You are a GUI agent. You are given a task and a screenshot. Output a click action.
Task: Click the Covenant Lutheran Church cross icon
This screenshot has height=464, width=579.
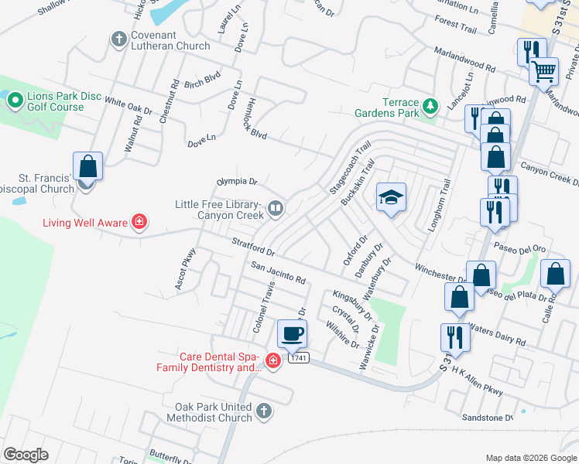(x=118, y=39)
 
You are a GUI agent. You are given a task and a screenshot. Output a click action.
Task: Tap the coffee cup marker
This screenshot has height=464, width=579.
(x=292, y=334)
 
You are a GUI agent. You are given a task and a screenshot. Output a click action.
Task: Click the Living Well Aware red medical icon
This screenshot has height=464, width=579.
(x=139, y=223)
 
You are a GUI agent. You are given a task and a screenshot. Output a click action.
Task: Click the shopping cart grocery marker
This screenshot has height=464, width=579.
(x=544, y=71)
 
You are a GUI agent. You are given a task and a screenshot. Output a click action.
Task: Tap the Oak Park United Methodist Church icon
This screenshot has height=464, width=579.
(x=264, y=411)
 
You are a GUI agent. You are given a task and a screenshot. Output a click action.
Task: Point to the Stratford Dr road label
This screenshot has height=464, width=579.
(x=254, y=247)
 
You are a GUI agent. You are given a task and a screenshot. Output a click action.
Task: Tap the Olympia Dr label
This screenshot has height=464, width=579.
(x=235, y=181)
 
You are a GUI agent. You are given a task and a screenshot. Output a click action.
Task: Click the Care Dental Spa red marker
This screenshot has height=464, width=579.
(x=272, y=361)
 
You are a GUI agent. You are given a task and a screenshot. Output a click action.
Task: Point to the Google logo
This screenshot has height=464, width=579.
(x=26, y=455)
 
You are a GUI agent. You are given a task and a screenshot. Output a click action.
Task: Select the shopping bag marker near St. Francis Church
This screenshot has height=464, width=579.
(x=88, y=166)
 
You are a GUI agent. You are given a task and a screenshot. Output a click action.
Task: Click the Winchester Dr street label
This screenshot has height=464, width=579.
(x=440, y=274)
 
